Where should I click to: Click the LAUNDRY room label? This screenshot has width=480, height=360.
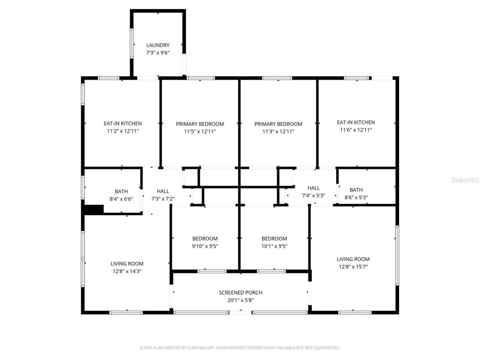click(158, 45)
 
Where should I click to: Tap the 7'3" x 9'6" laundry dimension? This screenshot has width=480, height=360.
click(158, 53)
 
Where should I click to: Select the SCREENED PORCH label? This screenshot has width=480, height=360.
click(240, 292)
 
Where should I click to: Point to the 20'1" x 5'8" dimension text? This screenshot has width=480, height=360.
click(240, 300)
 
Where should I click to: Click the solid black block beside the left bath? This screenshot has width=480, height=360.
click(94, 210)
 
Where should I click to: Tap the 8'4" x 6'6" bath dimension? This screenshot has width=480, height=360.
click(121, 199)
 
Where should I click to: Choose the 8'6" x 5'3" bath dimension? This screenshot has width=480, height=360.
click(356, 198)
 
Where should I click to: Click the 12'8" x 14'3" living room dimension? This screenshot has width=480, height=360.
click(127, 271)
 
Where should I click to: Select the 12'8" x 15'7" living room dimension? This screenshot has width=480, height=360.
click(353, 267)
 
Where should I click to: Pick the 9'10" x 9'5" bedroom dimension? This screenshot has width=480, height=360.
click(205, 246)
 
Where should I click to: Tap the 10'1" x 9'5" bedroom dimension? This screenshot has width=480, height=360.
click(274, 246)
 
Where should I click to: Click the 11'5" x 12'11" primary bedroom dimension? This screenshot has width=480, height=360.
click(200, 132)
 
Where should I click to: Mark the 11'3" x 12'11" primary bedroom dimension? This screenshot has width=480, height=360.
click(278, 132)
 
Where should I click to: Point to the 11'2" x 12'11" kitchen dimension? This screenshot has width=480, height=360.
click(123, 131)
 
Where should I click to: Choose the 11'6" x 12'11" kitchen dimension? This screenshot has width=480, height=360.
click(355, 130)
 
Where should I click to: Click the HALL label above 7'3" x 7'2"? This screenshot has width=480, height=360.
click(163, 191)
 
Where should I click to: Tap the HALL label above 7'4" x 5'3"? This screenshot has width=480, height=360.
click(313, 188)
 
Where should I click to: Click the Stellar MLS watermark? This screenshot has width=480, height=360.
click(465, 180)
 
